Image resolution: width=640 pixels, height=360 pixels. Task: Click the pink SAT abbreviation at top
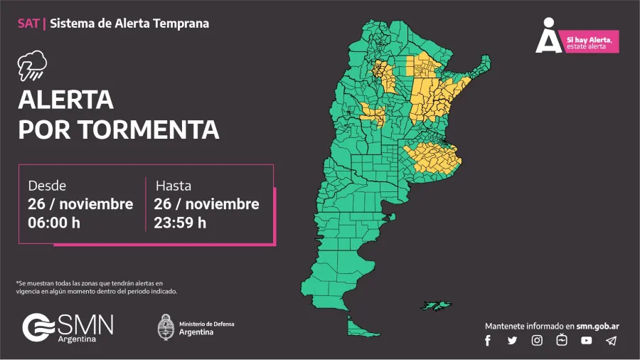pyautogui.click(x=29, y=23)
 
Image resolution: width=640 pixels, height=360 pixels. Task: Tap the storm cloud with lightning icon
pyautogui.click(x=32, y=66)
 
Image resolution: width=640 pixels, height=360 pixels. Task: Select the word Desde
pyautogui.click(x=47, y=186)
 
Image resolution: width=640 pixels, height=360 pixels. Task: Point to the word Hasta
pyautogui.click(x=174, y=186)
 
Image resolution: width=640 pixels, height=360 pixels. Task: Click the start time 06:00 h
pyautogui.click(x=54, y=222)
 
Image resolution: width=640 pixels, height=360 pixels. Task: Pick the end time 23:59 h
pyautogui.click(x=180, y=222)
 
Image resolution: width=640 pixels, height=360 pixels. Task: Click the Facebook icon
pyautogui.click(x=488, y=340)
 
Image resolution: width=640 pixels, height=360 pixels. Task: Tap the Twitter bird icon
pyautogui.click(x=512, y=340)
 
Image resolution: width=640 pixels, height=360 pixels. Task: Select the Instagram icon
pyautogui.click(x=537, y=340)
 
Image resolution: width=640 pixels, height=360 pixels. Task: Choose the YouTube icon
pyautogui.click(x=586, y=340)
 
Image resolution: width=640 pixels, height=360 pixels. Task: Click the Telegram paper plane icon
pyautogui.click(x=611, y=340)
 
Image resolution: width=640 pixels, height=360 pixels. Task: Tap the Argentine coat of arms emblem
pyautogui.click(x=165, y=327)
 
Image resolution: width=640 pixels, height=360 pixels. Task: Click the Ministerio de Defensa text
pyautogui.click(x=206, y=324)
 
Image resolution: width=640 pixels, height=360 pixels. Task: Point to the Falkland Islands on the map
pyautogui.click(x=436, y=305)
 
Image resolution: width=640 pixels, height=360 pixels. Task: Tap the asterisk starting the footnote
pyautogui.click(x=17, y=283)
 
